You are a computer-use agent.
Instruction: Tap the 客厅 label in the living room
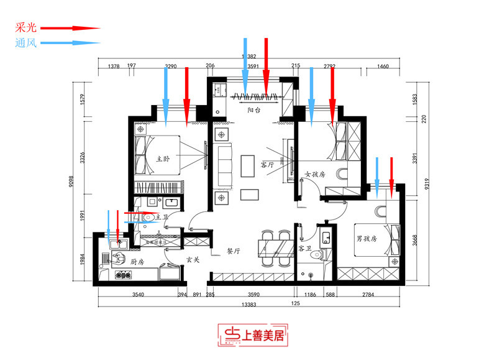[x=267, y=165]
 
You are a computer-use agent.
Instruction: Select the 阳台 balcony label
[x=253, y=110]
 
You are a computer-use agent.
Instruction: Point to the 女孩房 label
[x=315, y=175]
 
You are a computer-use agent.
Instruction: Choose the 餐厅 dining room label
[x=234, y=251]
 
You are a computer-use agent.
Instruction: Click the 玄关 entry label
[x=193, y=259]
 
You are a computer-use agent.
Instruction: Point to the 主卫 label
[x=162, y=217]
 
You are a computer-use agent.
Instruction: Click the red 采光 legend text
[x=27, y=28]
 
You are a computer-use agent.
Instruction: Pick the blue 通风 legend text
[x=27, y=44]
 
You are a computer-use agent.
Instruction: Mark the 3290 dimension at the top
[x=171, y=65]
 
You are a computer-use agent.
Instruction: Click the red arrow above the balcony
[x=266, y=68]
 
